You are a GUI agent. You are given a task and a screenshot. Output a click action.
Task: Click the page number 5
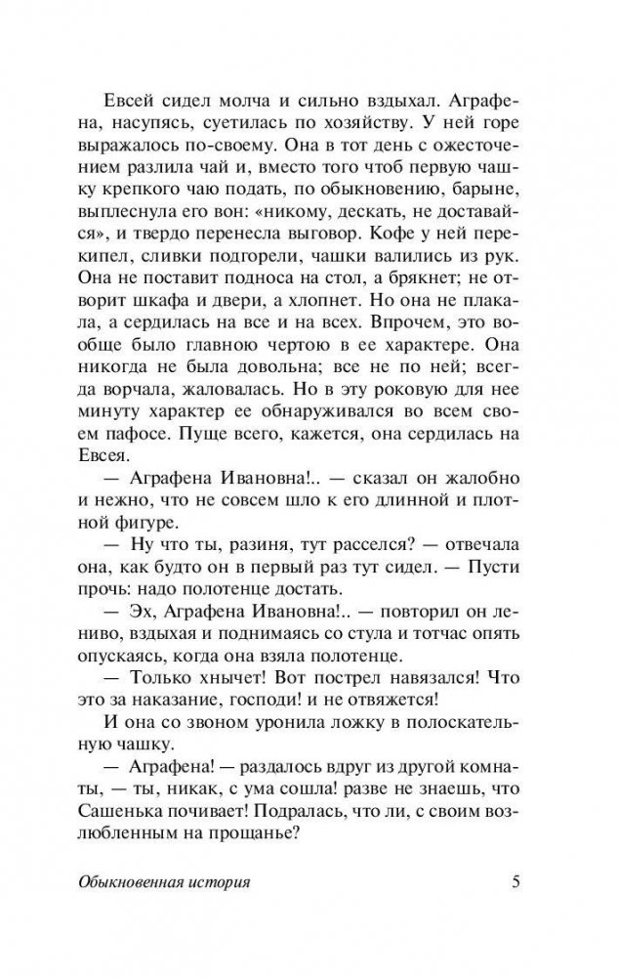518,883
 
